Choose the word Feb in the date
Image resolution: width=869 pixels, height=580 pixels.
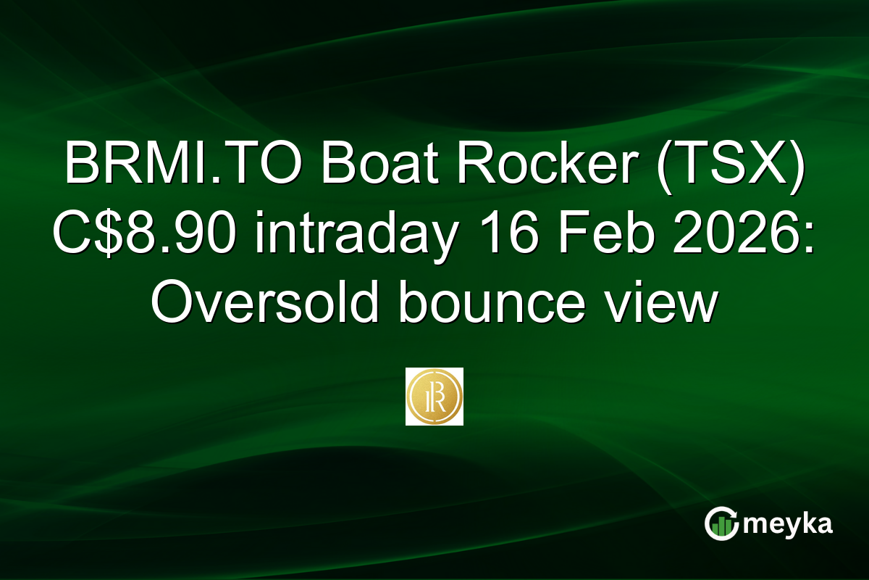pyautogui.click(x=580, y=236)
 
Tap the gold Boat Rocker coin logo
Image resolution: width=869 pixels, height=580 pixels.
pyautogui.click(x=434, y=397)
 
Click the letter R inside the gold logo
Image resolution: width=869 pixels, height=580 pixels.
pyautogui.click(x=435, y=397)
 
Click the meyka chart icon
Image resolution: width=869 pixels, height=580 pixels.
pyautogui.click(x=721, y=523)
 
